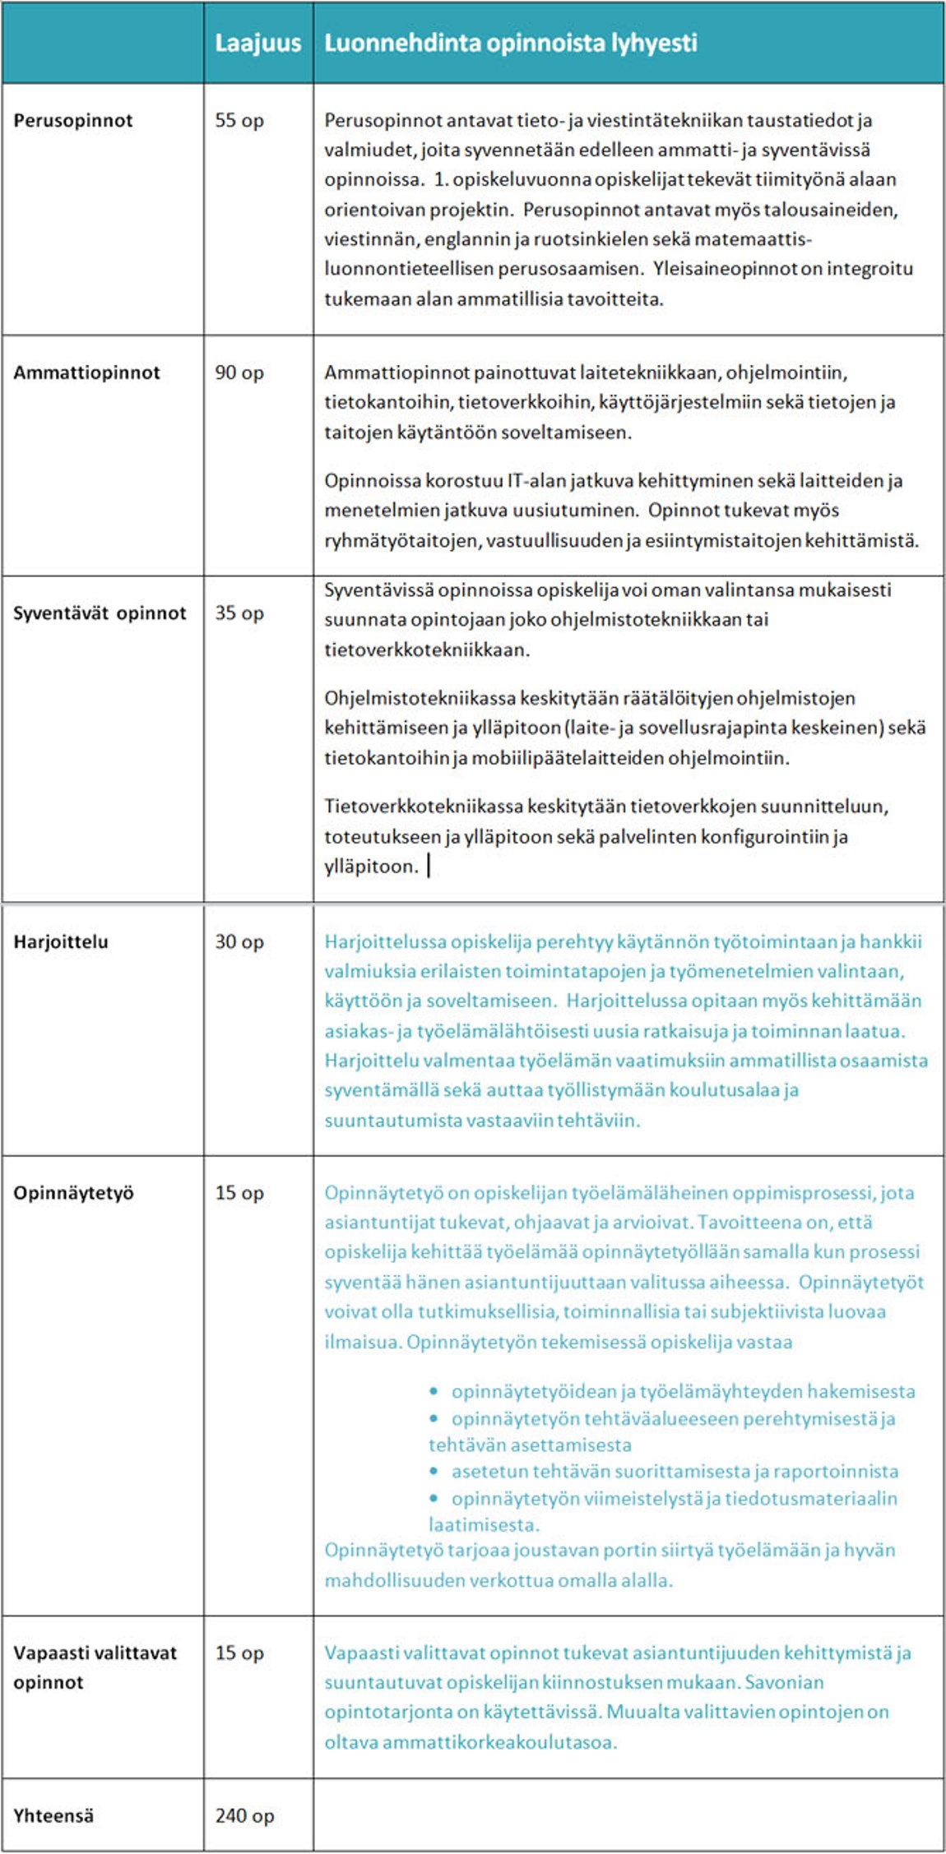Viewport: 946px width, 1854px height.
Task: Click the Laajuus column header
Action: pyautogui.click(x=257, y=43)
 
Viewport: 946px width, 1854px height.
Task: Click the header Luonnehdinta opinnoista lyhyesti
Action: pyautogui.click(x=510, y=43)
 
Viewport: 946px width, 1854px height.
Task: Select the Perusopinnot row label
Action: pyautogui.click(x=72, y=121)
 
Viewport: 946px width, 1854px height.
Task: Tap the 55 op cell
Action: pyautogui.click(x=239, y=121)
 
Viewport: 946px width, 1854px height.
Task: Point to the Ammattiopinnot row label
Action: pyautogui.click(x=86, y=372)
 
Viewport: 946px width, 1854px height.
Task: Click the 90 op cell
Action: pyautogui.click(x=239, y=372)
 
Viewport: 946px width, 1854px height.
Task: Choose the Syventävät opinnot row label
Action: pyautogui.click(x=100, y=613)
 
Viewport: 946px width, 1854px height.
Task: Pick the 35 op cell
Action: pyautogui.click(x=239, y=613)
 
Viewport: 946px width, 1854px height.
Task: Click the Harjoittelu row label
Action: pyautogui.click(x=60, y=942)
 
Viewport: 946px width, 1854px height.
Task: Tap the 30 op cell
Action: pyautogui.click(x=239, y=942)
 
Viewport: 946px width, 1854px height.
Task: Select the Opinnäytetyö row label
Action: pyautogui.click(x=73, y=1193)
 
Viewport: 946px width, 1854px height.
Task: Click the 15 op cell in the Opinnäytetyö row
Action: pyautogui.click(x=239, y=1193)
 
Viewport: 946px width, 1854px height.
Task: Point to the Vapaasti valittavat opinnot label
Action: pyautogui.click(x=95, y=1667)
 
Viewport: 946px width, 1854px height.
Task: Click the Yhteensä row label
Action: pyautogui.click(x=53, y=1815)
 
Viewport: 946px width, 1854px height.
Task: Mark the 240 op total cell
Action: pyautogui.click(x=244, y=1815)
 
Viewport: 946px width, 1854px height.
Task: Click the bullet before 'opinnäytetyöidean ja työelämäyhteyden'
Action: pyautogui.click(x=434, y=1392)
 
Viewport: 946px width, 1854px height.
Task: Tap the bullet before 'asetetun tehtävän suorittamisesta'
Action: pyautogui.click(x=434, y=1472)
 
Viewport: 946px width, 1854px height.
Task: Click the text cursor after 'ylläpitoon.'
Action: pyautogui.click(x=429, y=867)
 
